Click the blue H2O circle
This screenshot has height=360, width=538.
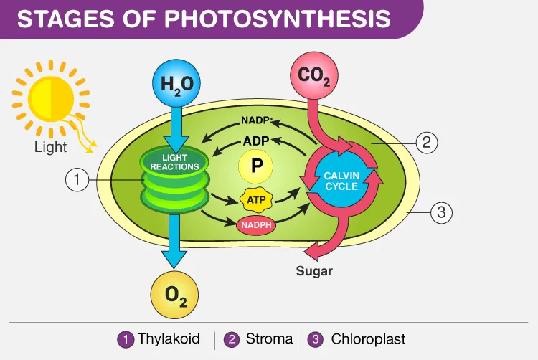[x=176, y=83]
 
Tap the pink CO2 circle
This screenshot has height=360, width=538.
[x=314, y=76]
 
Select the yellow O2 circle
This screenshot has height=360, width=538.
[x=174, y=295]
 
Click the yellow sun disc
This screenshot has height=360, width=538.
[x=51, y=99]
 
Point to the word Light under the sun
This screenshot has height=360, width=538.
[x=50, y=148]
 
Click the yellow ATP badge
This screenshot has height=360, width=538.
[x=256, y=199]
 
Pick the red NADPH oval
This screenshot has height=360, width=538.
[x=256, y=225]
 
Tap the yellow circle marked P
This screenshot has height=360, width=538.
[x=255, y=166]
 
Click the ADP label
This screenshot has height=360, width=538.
[x=256, y=141]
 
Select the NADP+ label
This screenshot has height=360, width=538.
[x=257, y=120]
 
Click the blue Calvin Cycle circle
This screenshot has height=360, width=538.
[x=341, y=181]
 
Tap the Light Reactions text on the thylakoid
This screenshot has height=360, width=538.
[x=174, y=162]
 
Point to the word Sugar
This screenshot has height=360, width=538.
[x=314, y=271]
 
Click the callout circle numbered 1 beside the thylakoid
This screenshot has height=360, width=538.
[x=77, y=180]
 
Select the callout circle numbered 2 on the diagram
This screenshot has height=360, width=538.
[x=427, y=142]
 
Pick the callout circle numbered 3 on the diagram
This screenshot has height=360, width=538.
[x=441, y=212]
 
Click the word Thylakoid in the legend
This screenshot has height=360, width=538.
[x=169, y=338]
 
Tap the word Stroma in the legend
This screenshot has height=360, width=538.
[x=269, y=338]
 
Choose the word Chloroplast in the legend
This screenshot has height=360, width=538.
[x=368, y=339]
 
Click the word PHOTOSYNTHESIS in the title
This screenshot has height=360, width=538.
[x=278, y=19]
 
